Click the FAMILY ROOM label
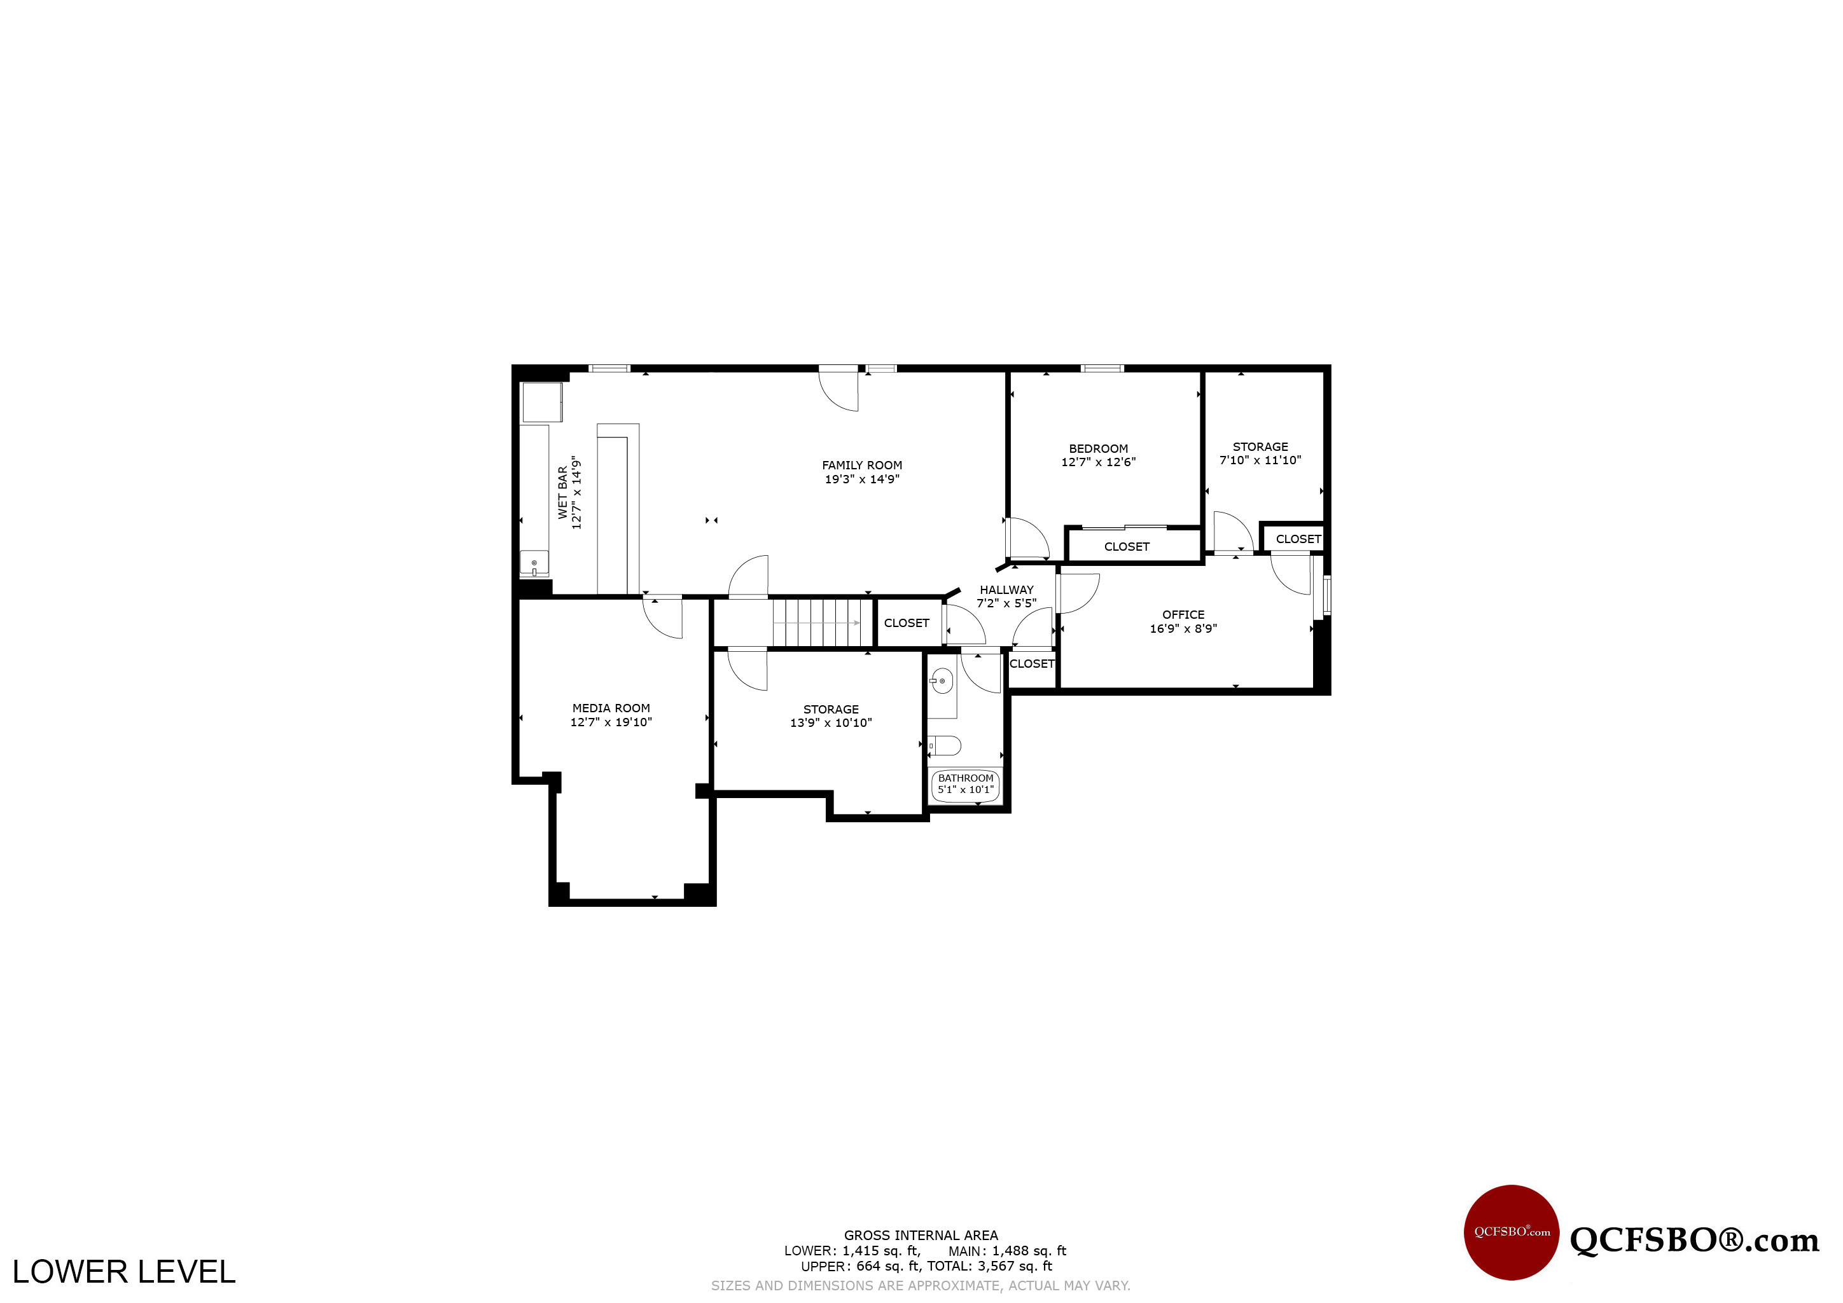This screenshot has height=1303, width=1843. click(861, 465)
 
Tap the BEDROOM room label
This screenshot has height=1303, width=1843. click(1098, 448)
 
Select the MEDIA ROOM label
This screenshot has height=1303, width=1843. click(611, 708)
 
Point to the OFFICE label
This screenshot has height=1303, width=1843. click(1183, 614)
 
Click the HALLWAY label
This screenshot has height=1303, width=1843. click(1006, 589)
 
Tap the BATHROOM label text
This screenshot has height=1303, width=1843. click(966, 778)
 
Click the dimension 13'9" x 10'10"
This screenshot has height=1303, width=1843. click(831, 723)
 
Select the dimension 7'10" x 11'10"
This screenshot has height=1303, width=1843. click(1260, 460)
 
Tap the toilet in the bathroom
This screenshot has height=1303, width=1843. click(944, 746)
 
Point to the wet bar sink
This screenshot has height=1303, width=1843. click(534, 563)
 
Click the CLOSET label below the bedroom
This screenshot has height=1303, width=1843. click(1127, 546)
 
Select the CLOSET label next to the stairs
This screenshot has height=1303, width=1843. click(907, 623)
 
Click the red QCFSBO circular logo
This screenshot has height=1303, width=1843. click(1512, 1232)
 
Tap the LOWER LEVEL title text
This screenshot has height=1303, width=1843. click(123, 1272)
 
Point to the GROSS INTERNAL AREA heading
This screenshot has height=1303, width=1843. click(921, 1236)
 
